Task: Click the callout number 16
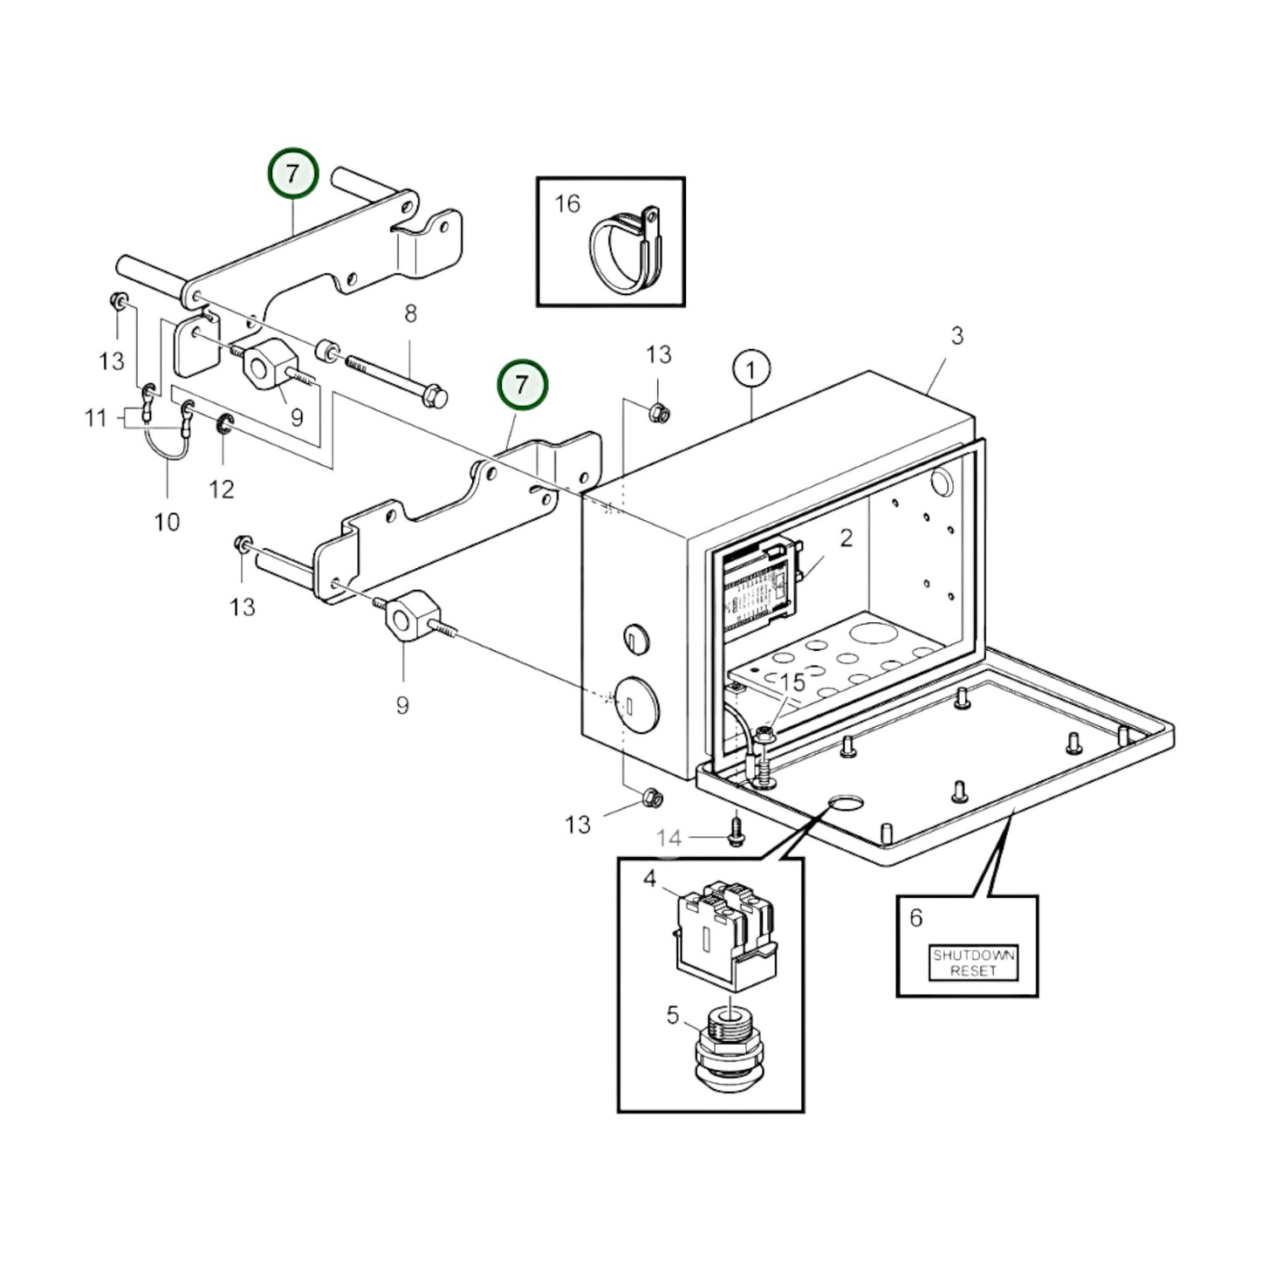point(567,204)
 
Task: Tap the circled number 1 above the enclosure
point(751,369)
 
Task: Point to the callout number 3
point(956,335)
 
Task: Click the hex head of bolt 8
point(437,397)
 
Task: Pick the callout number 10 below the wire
point(167,522)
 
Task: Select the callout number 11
point(96,418)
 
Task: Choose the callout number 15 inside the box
point(792,683)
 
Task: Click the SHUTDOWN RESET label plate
point(973,963)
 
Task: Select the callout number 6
point(915,917)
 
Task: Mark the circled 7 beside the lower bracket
point(522,385)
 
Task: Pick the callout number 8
point(410,313)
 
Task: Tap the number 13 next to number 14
point(578,824)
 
